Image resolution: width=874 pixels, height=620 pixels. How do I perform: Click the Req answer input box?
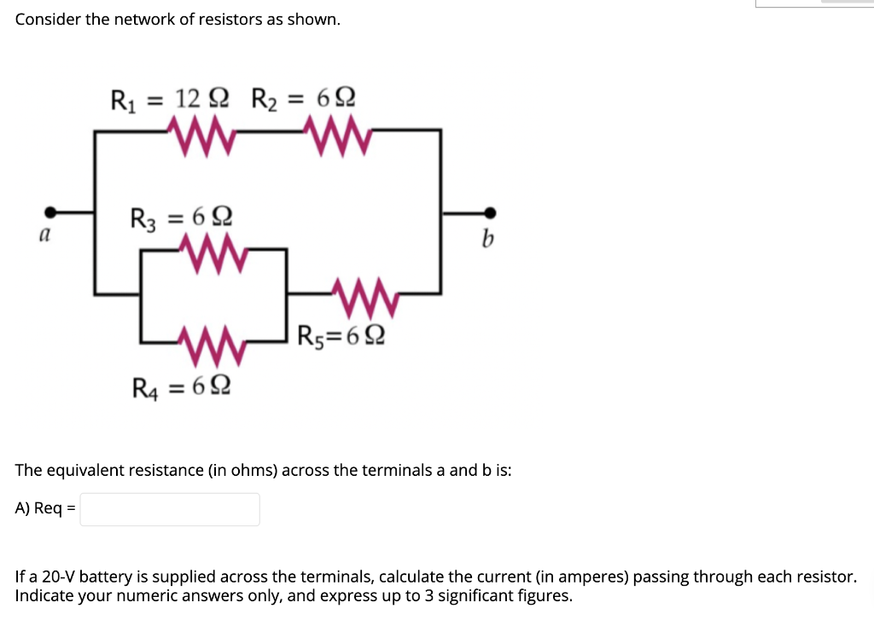point(170,509)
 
